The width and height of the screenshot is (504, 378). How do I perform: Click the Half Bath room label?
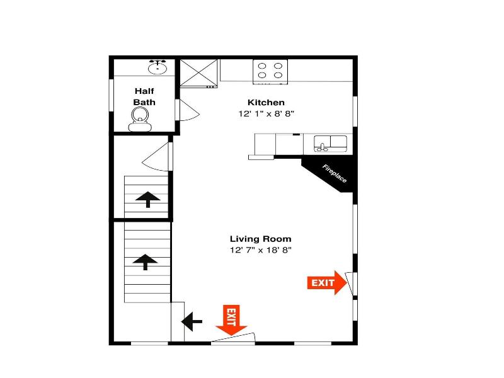point(144,97)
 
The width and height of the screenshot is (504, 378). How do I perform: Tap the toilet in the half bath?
point(140,119)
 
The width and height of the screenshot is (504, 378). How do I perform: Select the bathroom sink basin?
point(157,67)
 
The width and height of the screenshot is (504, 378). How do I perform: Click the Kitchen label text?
point(266,103)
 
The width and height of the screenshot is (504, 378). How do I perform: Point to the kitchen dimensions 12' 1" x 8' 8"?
point(266,114)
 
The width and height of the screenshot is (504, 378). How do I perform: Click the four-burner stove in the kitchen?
point(270,72)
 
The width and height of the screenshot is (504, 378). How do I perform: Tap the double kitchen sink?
point(330,144)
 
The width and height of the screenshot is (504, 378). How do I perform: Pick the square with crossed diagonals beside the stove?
point(198,73)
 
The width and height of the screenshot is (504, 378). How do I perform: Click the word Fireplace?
point(335,174)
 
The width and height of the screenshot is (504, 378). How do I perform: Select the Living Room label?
point(261,239)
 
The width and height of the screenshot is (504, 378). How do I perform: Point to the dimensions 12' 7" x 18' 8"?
point(261,250)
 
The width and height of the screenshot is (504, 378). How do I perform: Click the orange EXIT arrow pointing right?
point(327,283)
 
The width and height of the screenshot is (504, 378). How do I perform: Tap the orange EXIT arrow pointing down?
point(231,320)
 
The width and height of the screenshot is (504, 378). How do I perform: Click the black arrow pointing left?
point(192,321)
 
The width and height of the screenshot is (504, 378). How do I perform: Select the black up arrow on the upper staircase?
point(148,199)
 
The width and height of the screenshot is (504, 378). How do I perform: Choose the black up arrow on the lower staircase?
point(146,261)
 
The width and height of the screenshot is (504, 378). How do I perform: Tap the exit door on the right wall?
point(350,283)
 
